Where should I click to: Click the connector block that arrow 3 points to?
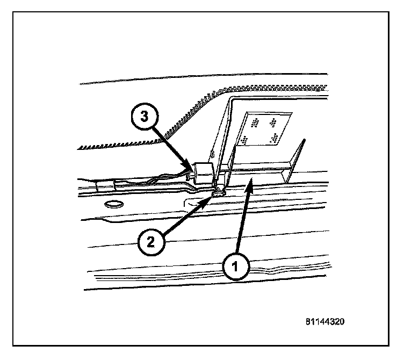[204, 174]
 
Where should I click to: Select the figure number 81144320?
[323, 322]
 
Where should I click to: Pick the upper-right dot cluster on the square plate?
[276, 121]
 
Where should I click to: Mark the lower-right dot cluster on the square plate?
[276, 139]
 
